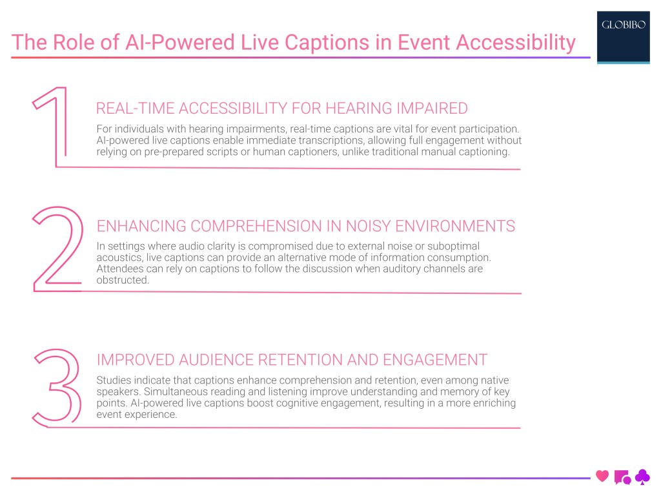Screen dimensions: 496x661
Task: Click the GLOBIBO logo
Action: click(623, 26)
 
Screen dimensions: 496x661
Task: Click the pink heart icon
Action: click(602, 477)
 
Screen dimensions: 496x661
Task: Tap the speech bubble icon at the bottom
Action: click(622, 477)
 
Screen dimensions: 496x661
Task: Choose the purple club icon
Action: click(642, 477)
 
